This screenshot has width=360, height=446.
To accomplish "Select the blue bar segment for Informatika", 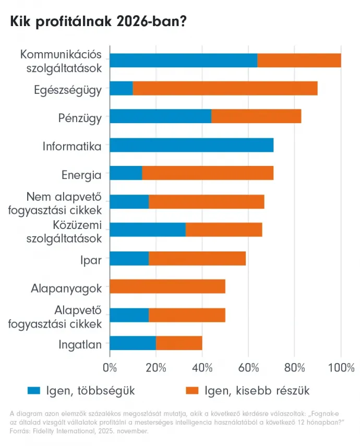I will (x=191, y=146).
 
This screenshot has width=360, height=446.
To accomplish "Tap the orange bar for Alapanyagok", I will (x=167, y=286).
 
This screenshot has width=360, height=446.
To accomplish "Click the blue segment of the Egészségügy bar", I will (x=121, y=89).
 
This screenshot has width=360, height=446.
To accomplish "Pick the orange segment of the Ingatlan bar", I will (x=179, y=343).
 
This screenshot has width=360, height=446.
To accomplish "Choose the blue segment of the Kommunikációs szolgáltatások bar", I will (x=184, y=61).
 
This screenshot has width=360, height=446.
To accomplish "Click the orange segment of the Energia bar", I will (x=208, y=174).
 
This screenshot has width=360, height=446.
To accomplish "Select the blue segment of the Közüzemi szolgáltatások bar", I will (x=148, y=230).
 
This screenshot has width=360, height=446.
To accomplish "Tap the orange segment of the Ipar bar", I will (x=197, y=258).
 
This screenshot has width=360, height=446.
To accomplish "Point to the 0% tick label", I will (x=110, y=368).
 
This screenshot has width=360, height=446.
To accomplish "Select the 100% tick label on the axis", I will (x=341, y=368).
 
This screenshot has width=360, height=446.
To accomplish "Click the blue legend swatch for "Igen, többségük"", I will (x=34, y=390).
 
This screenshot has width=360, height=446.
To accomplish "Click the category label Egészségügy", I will (x=68, y=90).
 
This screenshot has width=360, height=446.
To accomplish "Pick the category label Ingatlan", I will (x=80, y=344).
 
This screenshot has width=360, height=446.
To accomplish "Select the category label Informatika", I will (x=72, y=146).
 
